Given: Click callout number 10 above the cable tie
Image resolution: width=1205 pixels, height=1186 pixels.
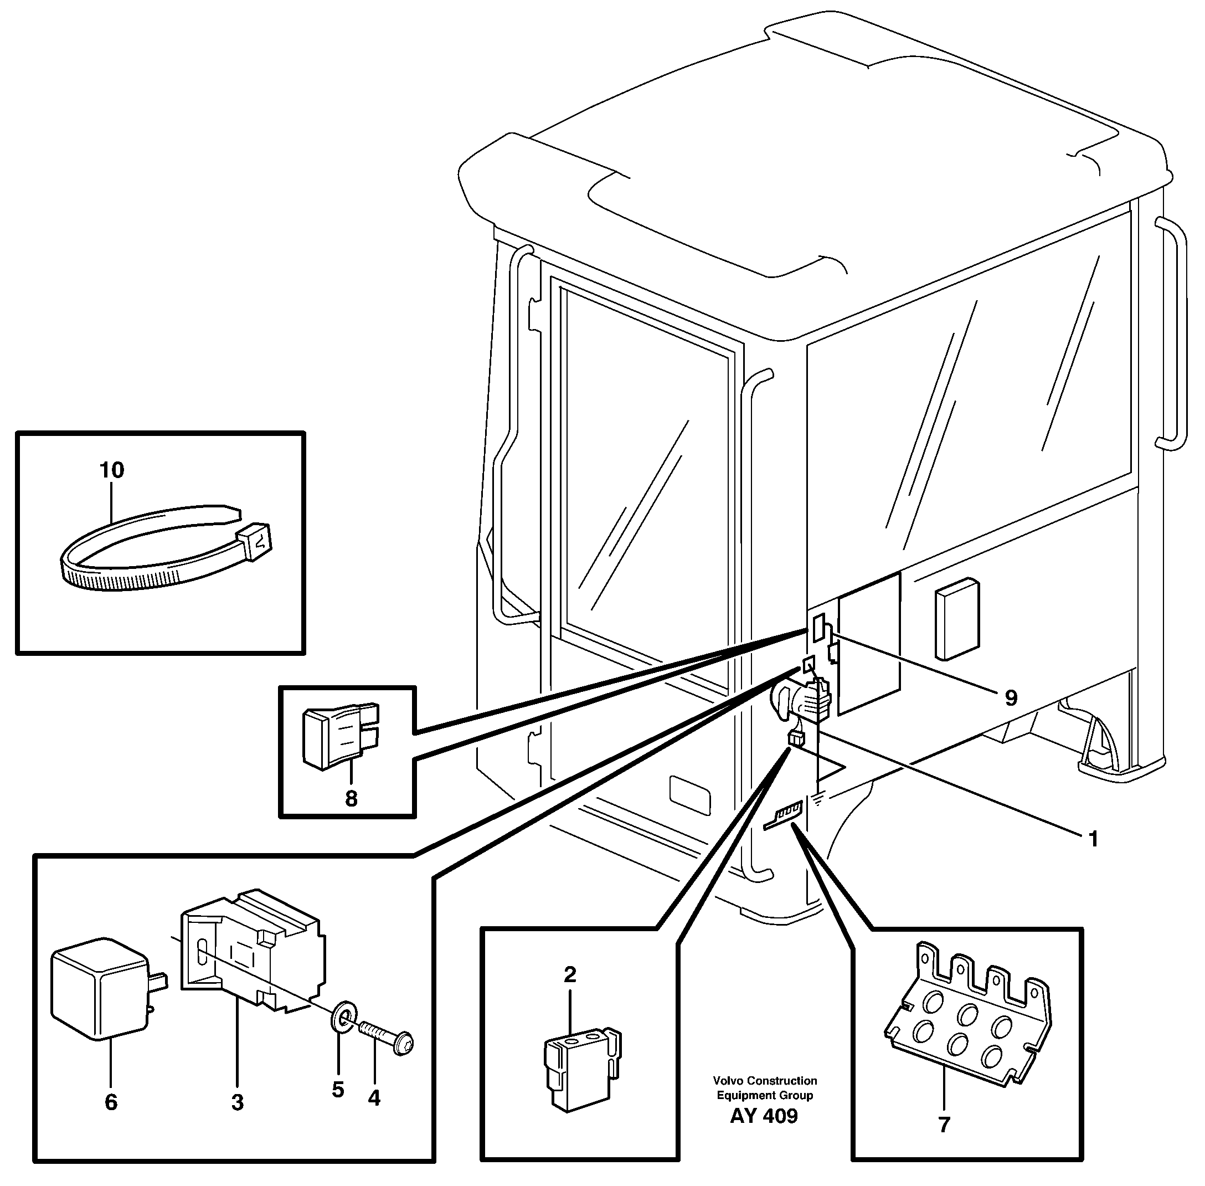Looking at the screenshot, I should click(112, 470).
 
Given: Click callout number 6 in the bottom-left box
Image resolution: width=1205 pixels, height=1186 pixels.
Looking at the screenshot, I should click(111, 1102).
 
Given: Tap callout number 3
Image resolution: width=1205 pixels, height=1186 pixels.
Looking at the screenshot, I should click(237, 1102).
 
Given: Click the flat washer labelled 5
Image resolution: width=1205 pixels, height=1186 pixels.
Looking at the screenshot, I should click(342, 1018).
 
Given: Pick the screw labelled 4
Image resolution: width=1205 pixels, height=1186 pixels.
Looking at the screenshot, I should click(387, 1037).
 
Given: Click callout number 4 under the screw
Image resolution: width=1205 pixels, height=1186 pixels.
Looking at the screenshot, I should click(374, 1098).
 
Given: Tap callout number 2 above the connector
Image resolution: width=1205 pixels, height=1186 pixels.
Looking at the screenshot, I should click(570, 975).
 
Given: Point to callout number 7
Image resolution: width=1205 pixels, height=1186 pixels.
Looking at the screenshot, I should click(944, 1125).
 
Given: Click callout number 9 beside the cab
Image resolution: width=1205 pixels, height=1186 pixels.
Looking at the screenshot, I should click(1011, 697).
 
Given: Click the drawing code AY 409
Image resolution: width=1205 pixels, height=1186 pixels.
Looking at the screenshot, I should click(764, 1116).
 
